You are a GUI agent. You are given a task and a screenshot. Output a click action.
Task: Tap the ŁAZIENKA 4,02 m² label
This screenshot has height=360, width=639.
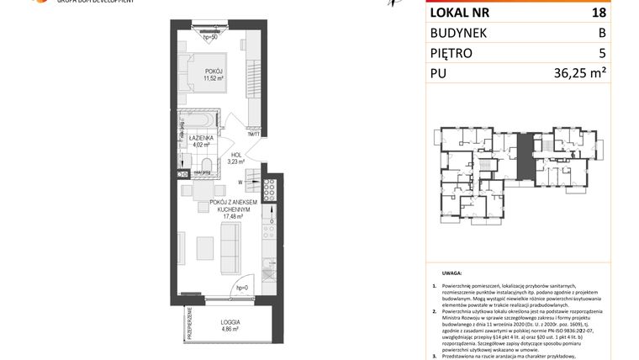pos(200,140)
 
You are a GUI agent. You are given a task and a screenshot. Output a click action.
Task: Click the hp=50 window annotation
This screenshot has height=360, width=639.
pos(210,37)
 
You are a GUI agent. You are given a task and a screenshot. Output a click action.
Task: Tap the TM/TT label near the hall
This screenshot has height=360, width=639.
pos(254,133)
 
